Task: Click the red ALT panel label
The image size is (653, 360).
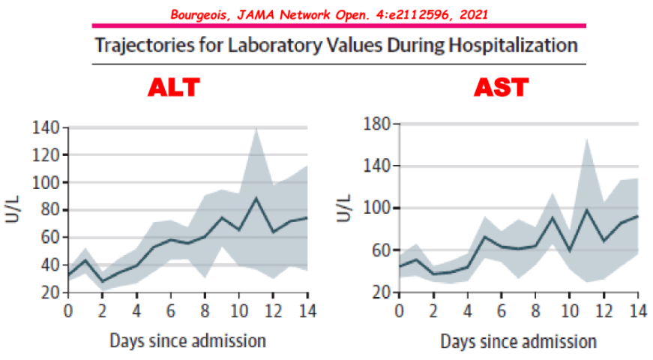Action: click(x=174, y=88)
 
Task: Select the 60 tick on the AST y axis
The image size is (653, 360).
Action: click(x=381, y=250)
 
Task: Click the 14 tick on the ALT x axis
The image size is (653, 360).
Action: click(x=308, y=310)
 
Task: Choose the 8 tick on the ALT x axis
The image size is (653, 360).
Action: click(x=205, y=310)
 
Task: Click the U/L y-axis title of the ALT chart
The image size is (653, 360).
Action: click(x=16, y=210)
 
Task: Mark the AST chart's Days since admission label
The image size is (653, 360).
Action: click(x=518, y=342)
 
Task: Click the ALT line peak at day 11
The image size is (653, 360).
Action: click(x=256, y=198)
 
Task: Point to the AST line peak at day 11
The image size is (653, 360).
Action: click(x=586, y=210)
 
